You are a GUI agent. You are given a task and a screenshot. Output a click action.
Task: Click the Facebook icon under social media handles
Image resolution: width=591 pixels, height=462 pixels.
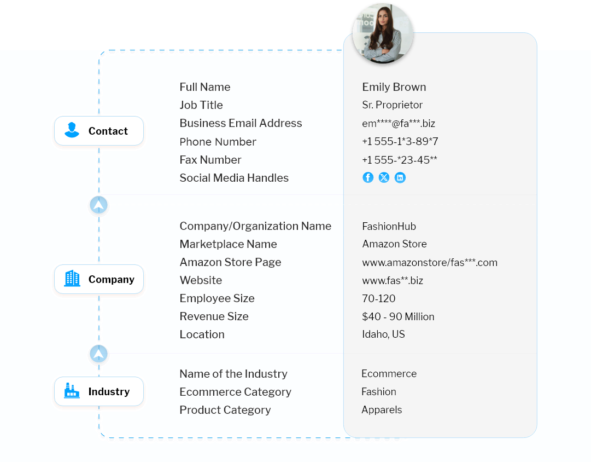click(x=368, y=177)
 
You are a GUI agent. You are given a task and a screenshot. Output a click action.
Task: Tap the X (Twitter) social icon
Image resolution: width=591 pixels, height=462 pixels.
click(x=384, y=177)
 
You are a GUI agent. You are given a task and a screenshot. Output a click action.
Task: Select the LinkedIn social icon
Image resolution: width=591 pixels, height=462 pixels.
click(x=400, y=177)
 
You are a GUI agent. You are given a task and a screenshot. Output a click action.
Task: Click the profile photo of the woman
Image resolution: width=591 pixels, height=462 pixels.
click(x=383, y=33)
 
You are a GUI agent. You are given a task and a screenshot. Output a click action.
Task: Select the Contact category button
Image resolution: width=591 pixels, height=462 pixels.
click(x=99, y=131)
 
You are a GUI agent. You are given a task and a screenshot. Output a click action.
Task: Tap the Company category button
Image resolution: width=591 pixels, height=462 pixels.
click(x=99, y=279)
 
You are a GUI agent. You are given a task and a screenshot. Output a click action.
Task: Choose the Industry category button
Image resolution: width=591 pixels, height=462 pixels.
click(x=99, y=391)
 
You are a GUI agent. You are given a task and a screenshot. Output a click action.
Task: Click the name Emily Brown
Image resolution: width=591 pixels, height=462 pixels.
click(x=394, y=87)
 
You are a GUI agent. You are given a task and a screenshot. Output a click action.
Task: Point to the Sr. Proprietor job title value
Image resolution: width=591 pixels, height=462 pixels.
click(x=392, y=105)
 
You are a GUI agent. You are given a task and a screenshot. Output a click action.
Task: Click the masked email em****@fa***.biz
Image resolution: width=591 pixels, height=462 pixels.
click(x=399, y=123)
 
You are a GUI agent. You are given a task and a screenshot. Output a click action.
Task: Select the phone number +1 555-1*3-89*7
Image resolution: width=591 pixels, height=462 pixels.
click(x=400, y=142)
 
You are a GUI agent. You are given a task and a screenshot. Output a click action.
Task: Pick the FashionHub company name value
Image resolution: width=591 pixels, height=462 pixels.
click(x=389, y=227)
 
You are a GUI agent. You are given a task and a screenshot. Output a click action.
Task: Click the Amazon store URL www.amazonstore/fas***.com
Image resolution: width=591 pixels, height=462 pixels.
click(x=430, y=262)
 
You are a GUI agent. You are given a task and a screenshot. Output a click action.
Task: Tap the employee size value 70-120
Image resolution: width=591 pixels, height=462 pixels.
click(x=378, y=298)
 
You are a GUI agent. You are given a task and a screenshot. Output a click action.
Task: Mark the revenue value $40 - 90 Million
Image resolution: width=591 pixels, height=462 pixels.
click(x=398, y=317)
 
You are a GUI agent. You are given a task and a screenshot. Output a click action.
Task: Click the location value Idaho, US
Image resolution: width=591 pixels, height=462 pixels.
click(x=383, y=334)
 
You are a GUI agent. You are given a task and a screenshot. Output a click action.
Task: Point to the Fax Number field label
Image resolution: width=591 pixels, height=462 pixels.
click(x=210, y=160)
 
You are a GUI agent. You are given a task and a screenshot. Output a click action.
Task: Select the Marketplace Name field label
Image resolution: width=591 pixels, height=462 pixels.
click(x=228, y=244)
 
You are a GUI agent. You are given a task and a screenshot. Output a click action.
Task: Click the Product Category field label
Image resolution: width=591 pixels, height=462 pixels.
click(x=225, y=410)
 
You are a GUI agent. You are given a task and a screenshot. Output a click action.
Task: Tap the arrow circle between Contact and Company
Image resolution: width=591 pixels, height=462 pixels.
click(x=99, y=205)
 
